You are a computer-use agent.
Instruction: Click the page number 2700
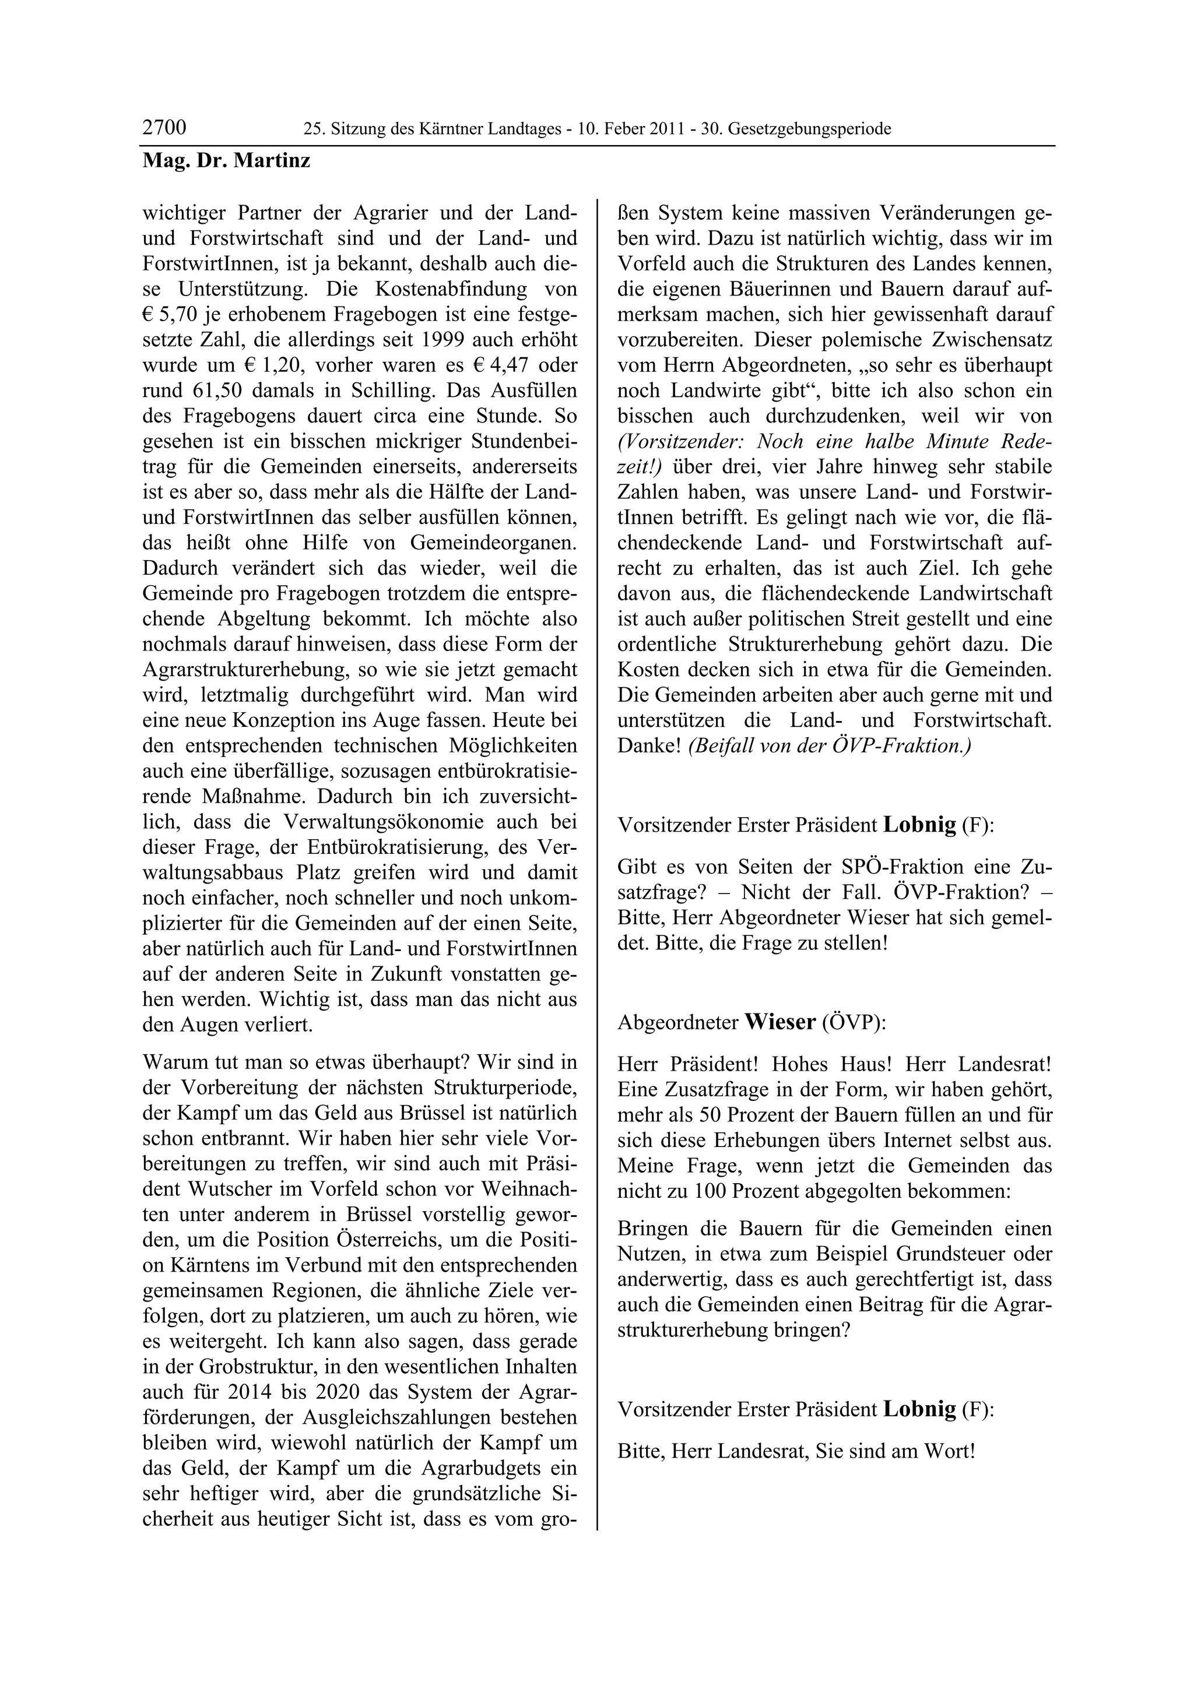(164, 128)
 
